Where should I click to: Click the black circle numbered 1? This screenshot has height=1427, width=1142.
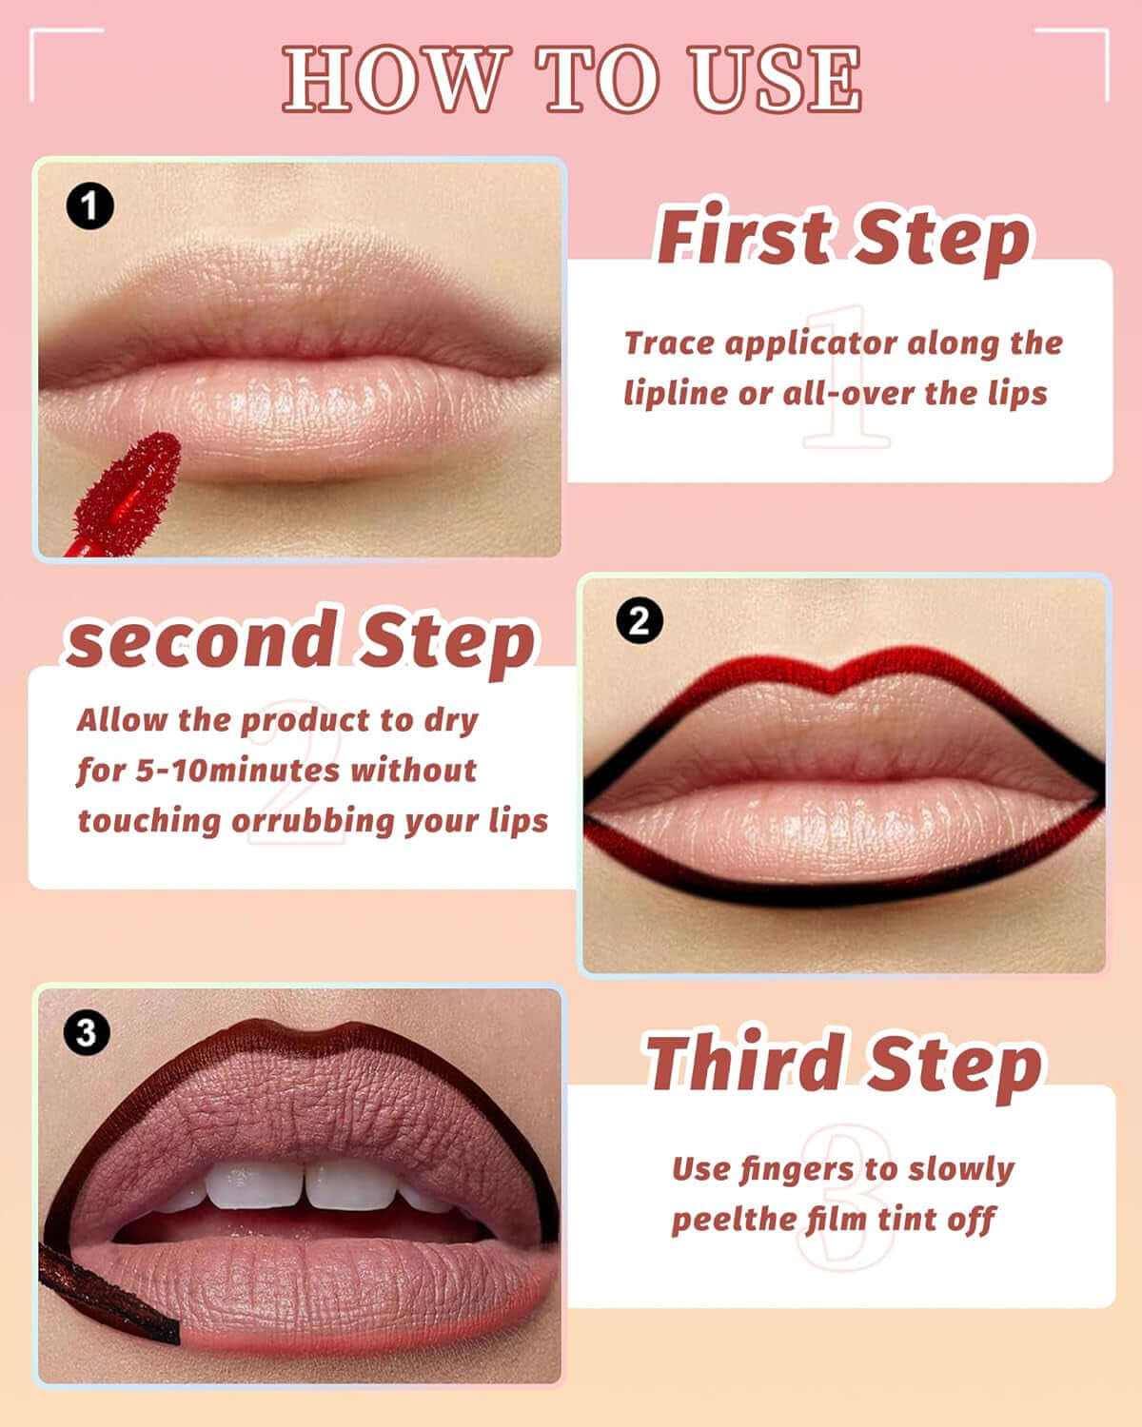coord(89,207)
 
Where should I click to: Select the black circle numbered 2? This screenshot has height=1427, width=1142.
coord(639,621)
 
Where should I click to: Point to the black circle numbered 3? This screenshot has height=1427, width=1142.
coord(86,1033)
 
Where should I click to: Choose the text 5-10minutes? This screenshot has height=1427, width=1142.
coord(237,770)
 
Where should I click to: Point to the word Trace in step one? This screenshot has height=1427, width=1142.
coord(669,342)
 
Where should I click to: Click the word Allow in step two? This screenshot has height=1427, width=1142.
coord(122,719)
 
